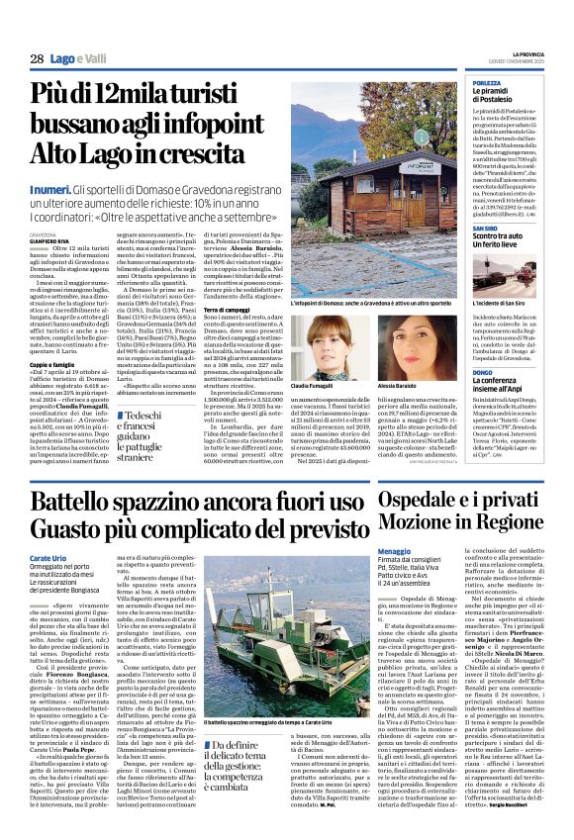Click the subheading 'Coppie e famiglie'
(x=53, y=365)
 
